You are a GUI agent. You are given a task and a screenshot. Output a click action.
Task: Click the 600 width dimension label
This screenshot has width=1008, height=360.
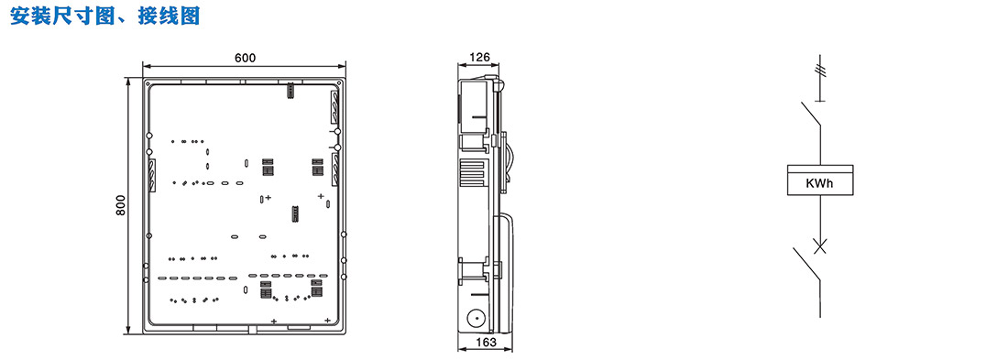tap(245, 58)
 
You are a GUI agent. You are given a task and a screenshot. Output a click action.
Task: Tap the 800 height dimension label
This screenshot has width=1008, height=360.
tap(121, 205)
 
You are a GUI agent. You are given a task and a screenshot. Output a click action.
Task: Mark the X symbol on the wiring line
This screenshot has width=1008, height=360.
tap(820, 244)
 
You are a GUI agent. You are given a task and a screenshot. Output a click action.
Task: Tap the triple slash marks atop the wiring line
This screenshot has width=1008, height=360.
tap(819, 67)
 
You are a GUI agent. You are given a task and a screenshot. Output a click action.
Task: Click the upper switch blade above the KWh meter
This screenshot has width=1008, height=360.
tap(811, 113)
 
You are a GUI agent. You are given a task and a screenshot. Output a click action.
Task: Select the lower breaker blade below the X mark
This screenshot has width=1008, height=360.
tap(806, 264)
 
